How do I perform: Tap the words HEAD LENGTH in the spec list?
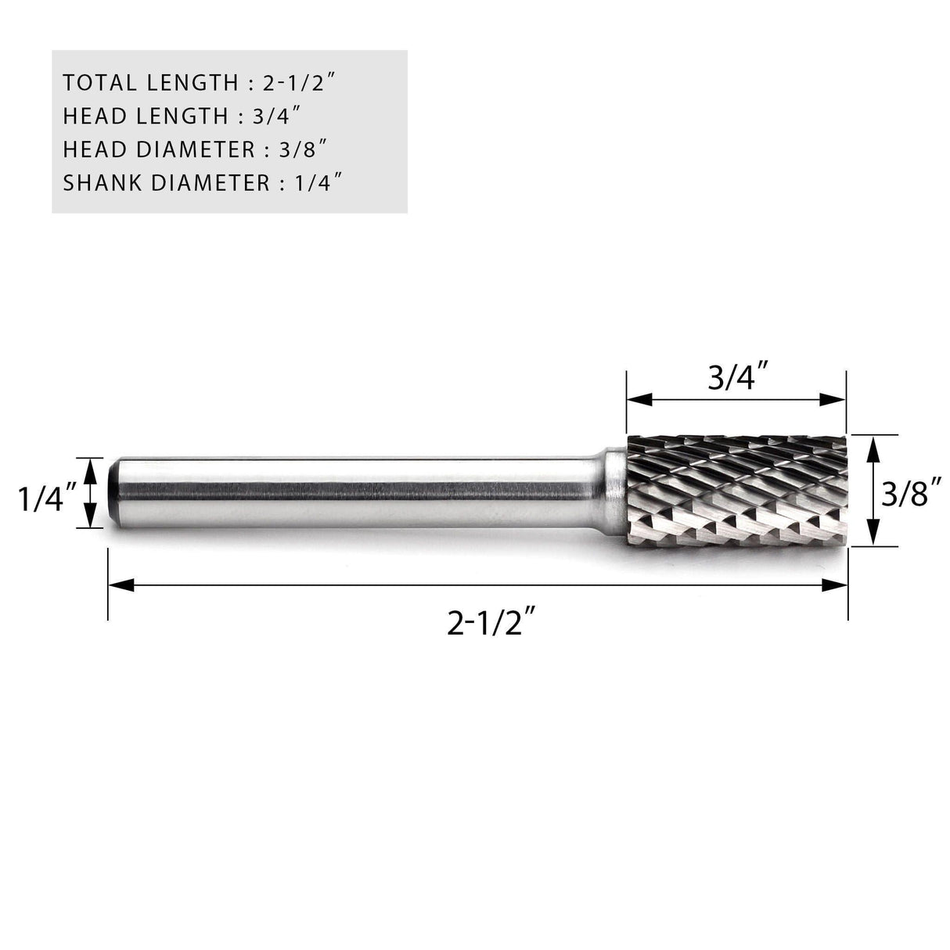[x=145, y=116]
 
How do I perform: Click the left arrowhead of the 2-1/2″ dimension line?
[x=117, y=585]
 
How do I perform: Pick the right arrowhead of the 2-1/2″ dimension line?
[x=837, y=585]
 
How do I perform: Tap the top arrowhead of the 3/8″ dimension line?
[x=874, y=444]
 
